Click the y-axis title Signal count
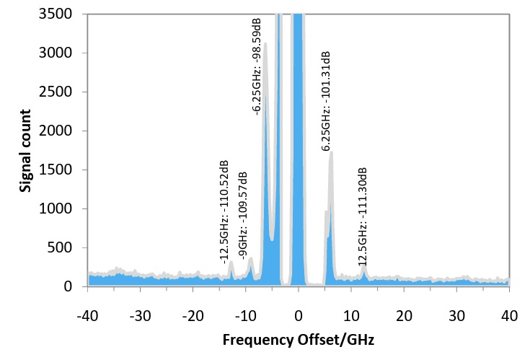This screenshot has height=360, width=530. (x=25, y=150)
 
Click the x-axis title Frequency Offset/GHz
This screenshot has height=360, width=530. (x=299, y=338)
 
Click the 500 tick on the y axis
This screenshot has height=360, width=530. (x=66, y=247)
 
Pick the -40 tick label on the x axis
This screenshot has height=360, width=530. (x=87, y=315)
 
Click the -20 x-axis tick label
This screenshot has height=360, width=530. (x=193, y=315)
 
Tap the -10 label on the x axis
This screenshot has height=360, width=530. (x=245, y=315)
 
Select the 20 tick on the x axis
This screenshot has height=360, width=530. (x=404, y=315)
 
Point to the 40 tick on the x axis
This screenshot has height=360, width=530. (x=509, y=315)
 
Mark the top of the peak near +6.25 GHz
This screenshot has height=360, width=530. (x=331, y=152)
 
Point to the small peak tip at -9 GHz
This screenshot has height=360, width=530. (x=251, y=258)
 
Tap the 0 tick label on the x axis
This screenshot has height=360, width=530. (x=299, y=315)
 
